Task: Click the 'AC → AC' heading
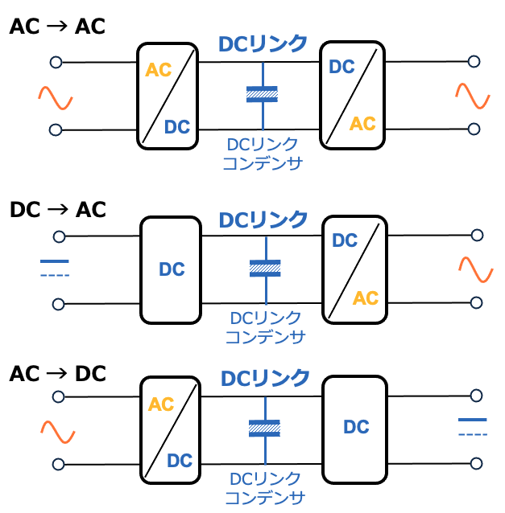(57, 27)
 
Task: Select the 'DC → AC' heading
(57, 210)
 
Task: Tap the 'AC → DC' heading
(57, 374)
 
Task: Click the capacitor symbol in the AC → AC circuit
(262, 94)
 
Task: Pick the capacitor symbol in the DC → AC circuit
(265, 268)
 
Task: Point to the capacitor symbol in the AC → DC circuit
(265, 427)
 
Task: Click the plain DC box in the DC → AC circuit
(171, 270)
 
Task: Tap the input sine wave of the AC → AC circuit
(56, 98)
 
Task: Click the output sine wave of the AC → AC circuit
(473, 96)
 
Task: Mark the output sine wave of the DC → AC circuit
(475, 269)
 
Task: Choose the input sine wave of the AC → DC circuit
(58, 433)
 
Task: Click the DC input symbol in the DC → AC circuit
(55, 268)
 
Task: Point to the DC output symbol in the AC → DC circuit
(473, 426)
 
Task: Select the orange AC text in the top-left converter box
(159, 70)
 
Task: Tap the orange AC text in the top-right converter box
(362, 124)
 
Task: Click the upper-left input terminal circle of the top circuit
(56, 62)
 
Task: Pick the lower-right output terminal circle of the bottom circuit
(477, 464)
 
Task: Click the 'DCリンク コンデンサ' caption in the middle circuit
(265, 327)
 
